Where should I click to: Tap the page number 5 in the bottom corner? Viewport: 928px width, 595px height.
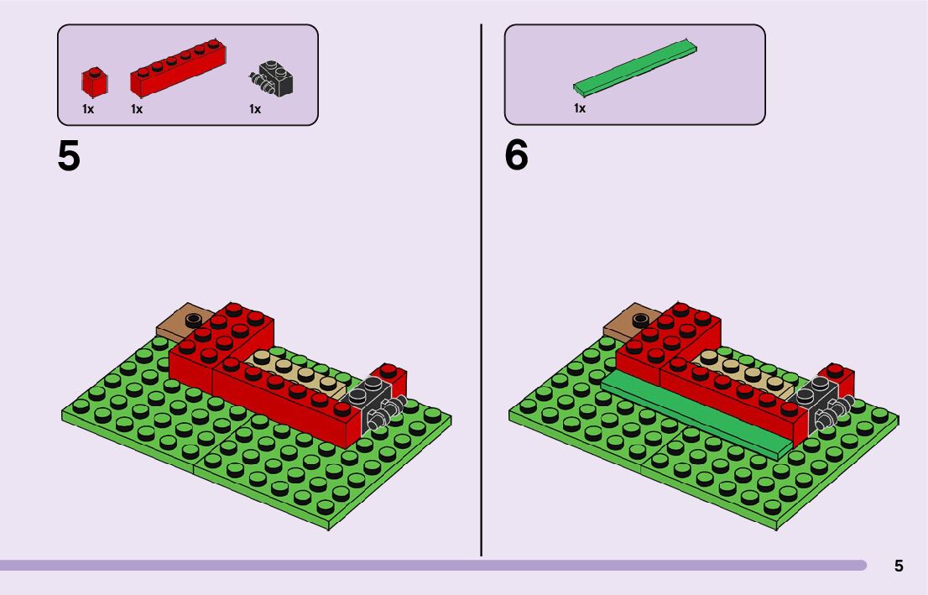pyautogui.click(x=899, y=566)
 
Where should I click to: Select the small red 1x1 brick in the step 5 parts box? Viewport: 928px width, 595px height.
pyautogui.click(x=94, y=81)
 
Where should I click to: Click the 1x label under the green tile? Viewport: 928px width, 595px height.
pyautogui.click(x=579, y=108)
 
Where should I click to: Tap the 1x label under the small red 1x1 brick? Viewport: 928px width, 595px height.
pyautogui.click(x=88, y=109)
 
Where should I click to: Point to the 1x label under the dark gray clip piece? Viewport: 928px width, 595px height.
pyautogui.click(x=255, y=109)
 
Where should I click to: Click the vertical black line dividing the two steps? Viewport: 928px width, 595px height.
pyautogui.click(x=481, y=285)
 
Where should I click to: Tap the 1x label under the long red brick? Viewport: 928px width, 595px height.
pyautogui.click(x=137, y=109)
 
